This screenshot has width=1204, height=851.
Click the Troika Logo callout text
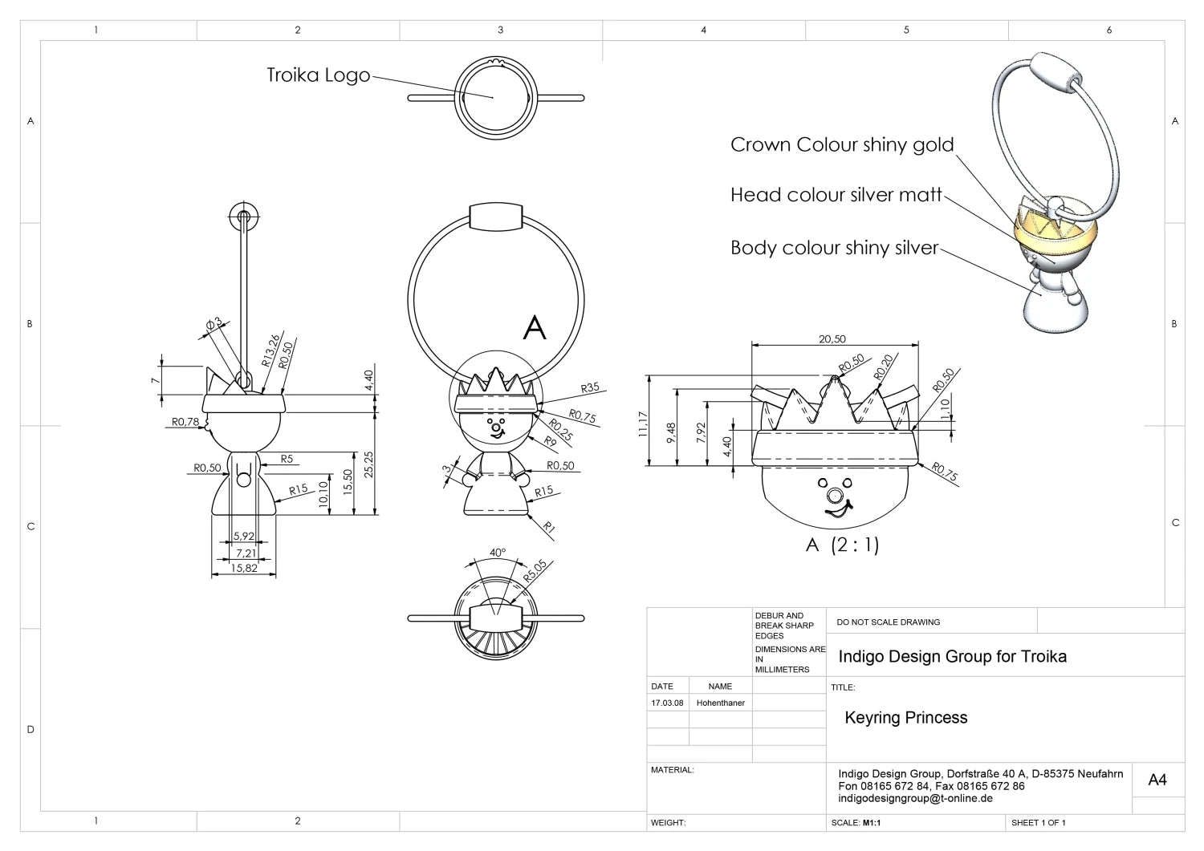318,75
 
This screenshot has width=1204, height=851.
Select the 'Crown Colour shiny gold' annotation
841,145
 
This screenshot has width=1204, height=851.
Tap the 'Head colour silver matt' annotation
836,195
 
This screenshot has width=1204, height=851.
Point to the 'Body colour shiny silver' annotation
834,248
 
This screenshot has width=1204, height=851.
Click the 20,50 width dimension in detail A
832,339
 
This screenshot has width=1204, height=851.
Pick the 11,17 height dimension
643,424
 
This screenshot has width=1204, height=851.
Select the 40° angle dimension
498,553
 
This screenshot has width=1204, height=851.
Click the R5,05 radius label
535,570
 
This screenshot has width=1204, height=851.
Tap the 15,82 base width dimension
244,568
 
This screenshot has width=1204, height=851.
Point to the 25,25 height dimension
368,464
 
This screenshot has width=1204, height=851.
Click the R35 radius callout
590,388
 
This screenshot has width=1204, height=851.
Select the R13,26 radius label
271,351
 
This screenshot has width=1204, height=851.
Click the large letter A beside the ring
535,328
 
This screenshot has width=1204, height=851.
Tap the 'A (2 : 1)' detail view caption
842,545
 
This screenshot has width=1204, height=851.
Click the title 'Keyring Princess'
905,718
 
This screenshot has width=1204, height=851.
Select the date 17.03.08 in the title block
667,703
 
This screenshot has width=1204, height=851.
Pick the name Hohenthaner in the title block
720,703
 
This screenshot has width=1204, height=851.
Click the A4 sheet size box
1157,780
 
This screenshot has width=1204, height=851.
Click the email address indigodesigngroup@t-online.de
915,799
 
